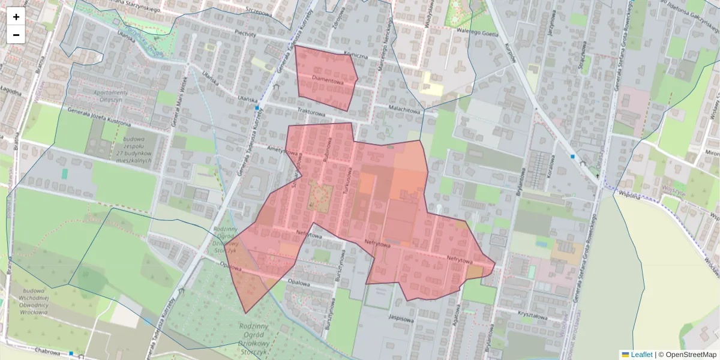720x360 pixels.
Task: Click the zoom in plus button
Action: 16,17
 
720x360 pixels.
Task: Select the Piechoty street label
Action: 246,34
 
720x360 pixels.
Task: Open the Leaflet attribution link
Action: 641,355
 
